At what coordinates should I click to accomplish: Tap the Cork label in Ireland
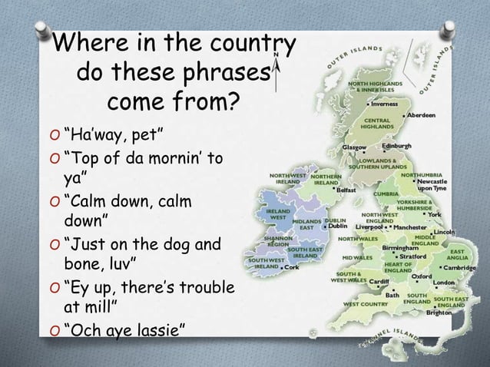(x=291, y=267)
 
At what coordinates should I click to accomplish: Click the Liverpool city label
(x=369, y=227)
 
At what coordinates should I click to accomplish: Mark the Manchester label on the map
(x=413, y=227)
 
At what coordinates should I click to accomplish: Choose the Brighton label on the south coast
(x=439, y=313)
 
